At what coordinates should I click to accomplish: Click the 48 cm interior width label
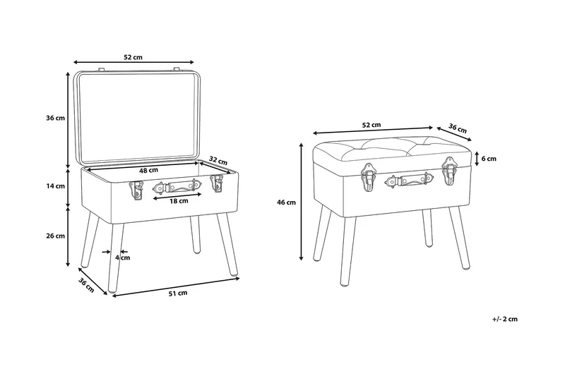pos(148,170)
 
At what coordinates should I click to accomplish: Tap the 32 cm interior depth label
pos(218,161)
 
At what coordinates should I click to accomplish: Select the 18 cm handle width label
pos(179,201)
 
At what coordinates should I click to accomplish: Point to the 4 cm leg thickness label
pos(123,257)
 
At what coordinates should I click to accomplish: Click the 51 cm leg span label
pos(178,293)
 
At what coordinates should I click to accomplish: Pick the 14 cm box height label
pos(56,186)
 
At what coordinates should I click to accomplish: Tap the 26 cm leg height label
pos(56,236)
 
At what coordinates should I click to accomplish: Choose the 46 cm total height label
pos(286,202)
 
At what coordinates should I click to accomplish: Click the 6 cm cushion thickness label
pos(489,159)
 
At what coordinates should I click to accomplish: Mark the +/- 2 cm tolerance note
pos(504,319)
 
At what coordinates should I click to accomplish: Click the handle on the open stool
pos(177,187)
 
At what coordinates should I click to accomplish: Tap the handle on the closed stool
pos(409,180)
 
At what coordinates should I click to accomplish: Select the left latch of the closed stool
pos(369,176)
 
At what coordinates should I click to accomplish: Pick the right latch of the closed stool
pos(449,171)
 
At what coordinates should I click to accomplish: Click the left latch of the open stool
pos(136,190)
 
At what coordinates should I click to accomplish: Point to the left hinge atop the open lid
pos(101,68)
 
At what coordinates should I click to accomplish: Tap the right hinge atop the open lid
pos(176,68)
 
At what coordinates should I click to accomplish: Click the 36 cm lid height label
pos(56,118)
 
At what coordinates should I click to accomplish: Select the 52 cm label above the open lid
pos(133,57)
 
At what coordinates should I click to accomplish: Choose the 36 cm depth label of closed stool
pos(457,128)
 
